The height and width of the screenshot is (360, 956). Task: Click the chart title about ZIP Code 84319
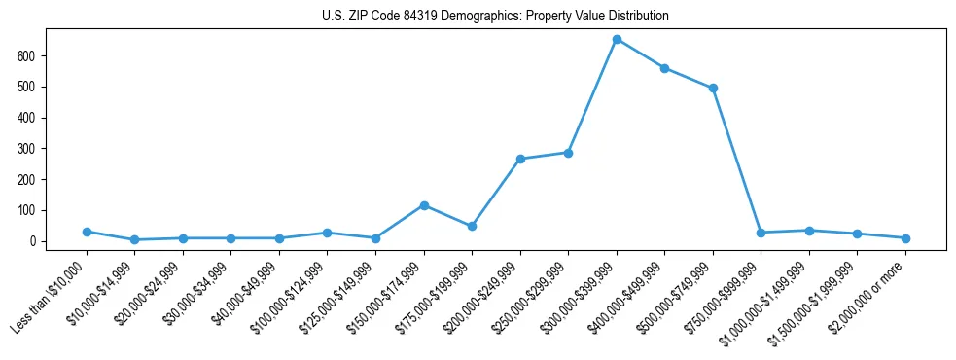[x=495, y=17]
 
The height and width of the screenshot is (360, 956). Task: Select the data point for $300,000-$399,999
[x=617, y=40]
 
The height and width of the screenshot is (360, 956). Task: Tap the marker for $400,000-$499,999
[x=664, y=68]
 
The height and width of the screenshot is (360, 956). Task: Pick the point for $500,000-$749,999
[x=713, y=89]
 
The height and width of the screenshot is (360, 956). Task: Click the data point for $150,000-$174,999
[x=424, y=205]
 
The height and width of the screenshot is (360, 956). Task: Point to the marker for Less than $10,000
[x=87, y=232]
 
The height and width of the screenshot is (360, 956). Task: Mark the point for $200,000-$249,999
[x=520, y=159]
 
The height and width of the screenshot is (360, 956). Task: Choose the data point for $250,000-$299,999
[x=568, y=153]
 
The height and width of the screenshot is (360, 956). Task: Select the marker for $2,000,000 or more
[x=905, y=238]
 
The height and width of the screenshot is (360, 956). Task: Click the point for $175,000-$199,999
[x=472, y=226]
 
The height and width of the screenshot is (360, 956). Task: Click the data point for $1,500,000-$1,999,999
[x=857, y=234]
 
